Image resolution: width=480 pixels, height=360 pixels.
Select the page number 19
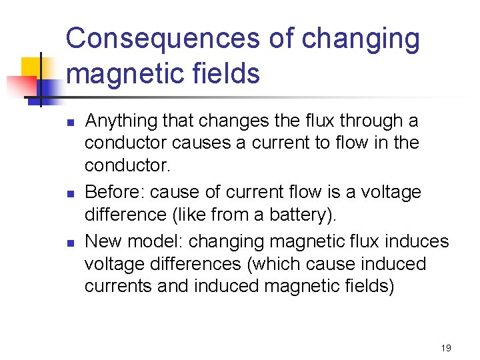(446, 348)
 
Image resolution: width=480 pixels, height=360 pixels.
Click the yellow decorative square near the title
(33, 69)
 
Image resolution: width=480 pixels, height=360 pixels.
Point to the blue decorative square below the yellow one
(47, 89)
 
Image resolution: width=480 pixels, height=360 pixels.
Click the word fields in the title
(226, 73)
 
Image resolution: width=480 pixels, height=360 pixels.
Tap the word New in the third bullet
(103, 241)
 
